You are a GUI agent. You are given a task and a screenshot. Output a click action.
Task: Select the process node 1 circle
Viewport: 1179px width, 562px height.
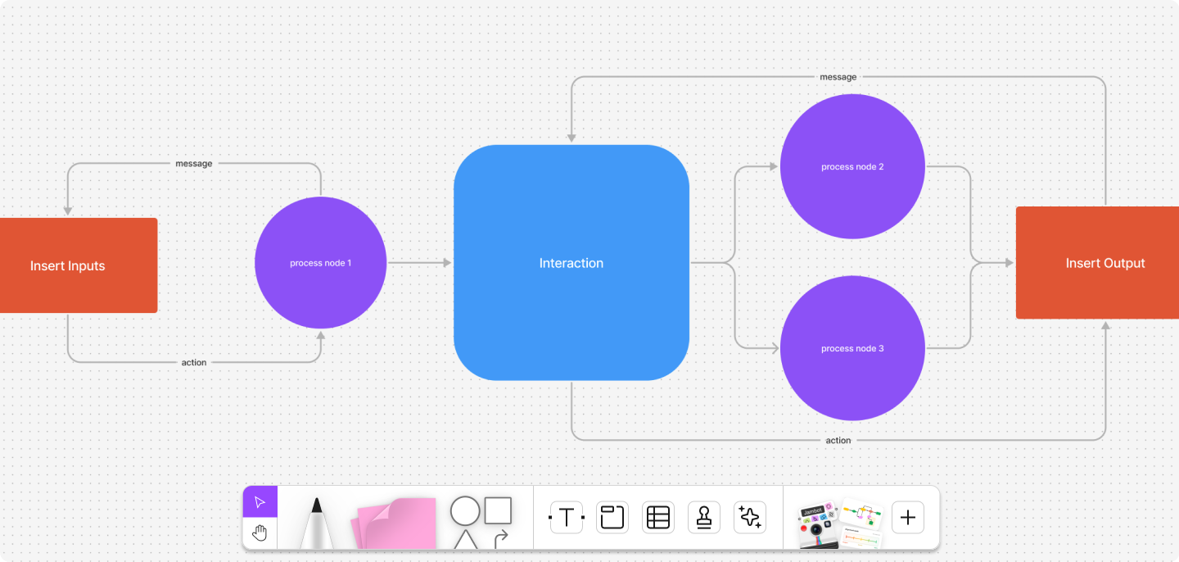320,263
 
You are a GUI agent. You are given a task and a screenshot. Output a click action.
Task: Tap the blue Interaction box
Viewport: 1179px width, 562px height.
571,263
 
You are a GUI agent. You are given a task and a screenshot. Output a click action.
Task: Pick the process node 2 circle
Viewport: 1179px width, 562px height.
852,166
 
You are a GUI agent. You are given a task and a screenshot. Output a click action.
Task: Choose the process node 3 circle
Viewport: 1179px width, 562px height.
852,348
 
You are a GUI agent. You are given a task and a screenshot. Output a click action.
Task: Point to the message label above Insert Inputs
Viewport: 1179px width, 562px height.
193,164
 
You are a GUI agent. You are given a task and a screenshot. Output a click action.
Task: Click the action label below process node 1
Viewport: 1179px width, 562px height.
194,362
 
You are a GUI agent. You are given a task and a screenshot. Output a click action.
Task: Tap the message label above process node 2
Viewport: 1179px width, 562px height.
838,77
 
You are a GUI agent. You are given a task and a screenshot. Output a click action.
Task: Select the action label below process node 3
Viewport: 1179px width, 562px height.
838,441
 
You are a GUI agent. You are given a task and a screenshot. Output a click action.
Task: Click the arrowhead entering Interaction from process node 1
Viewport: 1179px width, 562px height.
447,263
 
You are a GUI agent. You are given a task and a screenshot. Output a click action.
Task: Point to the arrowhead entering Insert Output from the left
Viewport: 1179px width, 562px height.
1009,263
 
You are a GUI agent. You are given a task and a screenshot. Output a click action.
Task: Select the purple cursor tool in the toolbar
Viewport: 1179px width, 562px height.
260,502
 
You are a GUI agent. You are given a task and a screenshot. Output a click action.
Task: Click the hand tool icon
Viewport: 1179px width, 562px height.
260,533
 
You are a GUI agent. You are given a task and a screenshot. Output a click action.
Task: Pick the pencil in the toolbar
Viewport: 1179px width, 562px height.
316,523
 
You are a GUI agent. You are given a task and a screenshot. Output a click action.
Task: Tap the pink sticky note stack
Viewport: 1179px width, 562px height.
396,523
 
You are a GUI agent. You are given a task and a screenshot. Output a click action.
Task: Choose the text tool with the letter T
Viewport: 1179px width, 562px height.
566,518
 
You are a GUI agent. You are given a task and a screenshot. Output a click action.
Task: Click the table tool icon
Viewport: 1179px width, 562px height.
658,518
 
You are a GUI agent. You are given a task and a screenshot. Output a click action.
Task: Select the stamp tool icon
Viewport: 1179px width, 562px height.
704,518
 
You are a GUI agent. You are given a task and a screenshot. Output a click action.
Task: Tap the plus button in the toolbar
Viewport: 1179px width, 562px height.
907,518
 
